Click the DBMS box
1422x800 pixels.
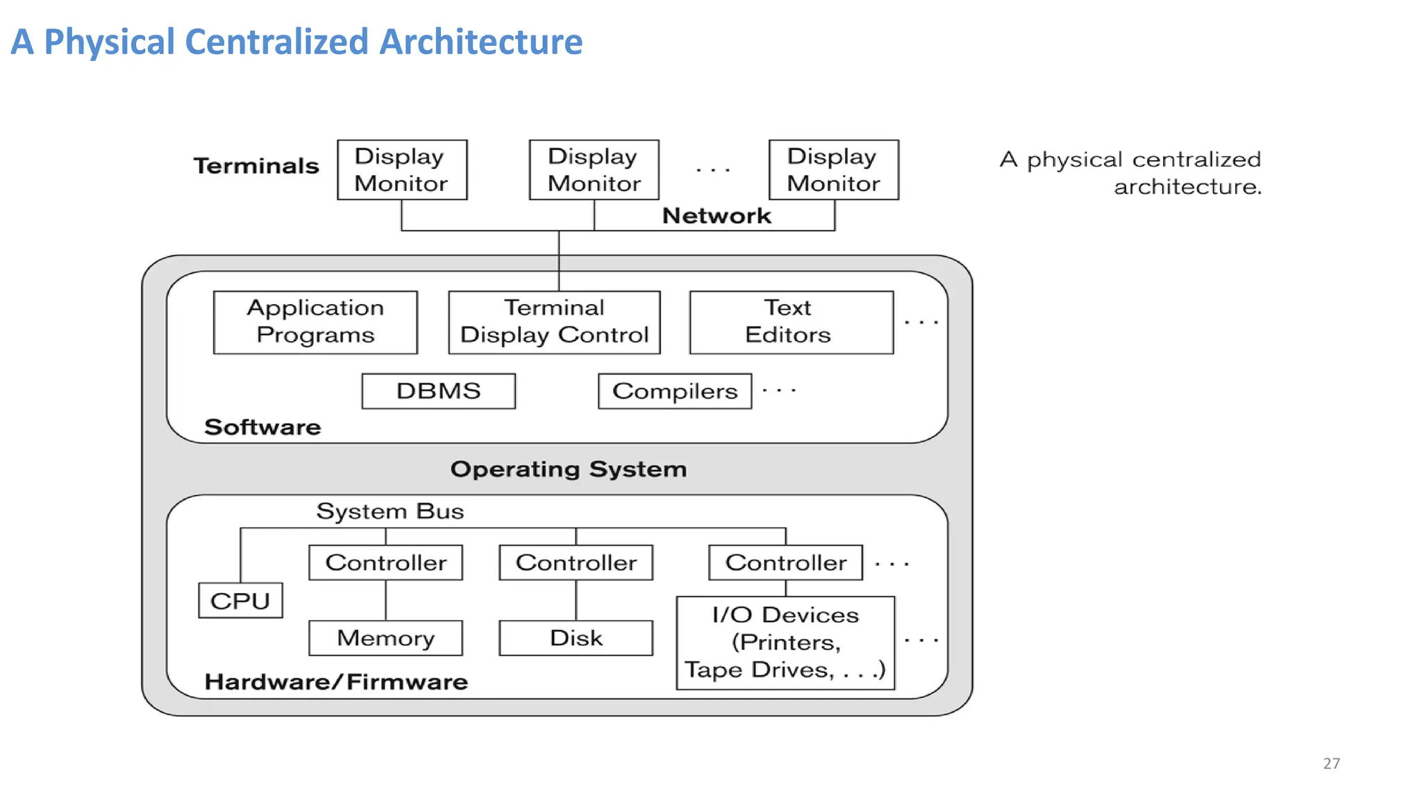point(438,391)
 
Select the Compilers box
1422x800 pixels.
point(674,391)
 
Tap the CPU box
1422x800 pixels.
point(240,601)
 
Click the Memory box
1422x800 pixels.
point(385,637)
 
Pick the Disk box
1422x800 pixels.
point(576,637)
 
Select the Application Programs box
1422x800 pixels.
point(315,322)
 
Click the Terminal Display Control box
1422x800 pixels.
point(554,322)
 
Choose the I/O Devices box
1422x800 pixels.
point(785,642)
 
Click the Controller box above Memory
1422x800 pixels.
point(385,562)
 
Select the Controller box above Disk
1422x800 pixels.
point(576,562)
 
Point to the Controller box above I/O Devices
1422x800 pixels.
point(785,562)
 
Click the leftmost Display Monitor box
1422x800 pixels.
point(402,170)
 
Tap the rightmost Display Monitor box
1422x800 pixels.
point(833,170)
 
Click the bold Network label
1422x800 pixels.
point(717,216)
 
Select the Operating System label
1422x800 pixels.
point(568,469)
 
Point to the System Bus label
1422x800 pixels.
point(390,511)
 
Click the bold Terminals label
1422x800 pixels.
point(256,166)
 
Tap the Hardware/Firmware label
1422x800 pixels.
point(336,682)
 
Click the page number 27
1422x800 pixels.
point(1331,763)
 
